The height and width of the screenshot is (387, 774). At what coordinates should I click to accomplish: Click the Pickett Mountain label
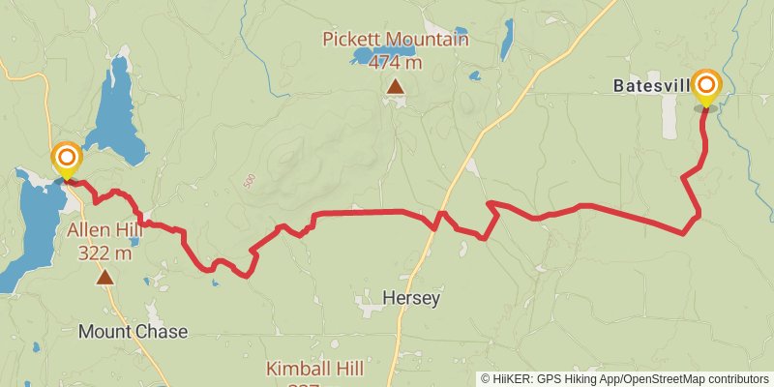[x=397, y=40]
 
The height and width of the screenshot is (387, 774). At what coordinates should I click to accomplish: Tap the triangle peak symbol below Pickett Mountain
[x=395, y=87]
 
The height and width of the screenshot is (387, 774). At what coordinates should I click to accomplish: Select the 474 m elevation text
[x=397, y=62]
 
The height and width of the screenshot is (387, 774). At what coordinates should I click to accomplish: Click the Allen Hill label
[x=99, y=231]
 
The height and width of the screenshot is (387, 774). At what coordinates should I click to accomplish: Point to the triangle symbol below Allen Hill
[x=104, y=278]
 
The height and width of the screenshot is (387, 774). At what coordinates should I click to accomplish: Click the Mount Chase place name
[x=133, y=332]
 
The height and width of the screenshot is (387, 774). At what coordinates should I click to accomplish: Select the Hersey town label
[x=410, y=298]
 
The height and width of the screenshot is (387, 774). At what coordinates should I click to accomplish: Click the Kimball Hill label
[x=313, y=369]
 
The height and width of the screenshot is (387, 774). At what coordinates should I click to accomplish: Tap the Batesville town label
[x=651, y=86]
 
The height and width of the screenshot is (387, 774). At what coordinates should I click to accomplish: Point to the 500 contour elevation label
[x=250, y=182]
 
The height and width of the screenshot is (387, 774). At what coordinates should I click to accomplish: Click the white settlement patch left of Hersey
[x=371, y=306]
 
